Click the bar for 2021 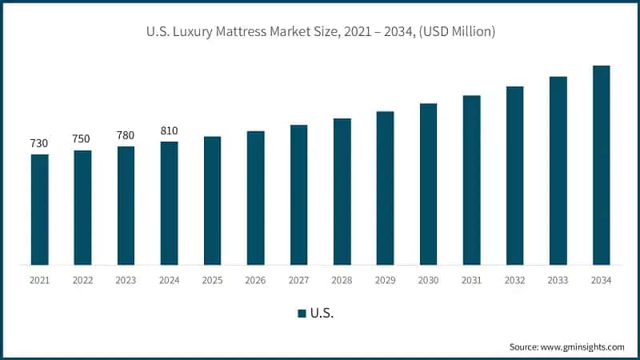tap(39, 209)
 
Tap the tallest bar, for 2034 tap(601, 165)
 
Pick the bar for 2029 tap(385, 188)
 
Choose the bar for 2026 tap(255, 198)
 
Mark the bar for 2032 tap(514, 175)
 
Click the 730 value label tap(39, 143)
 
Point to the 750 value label tap(82, 139)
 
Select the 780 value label tap(126, 135)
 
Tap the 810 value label tap(169, 130)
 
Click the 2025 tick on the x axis tap(212, 279)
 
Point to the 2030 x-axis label tap(428, 279)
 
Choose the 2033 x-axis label tap(558, 279)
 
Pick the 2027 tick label tap(298, 279)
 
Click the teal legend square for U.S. tap(302, 314)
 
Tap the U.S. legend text tap(322, 314)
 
